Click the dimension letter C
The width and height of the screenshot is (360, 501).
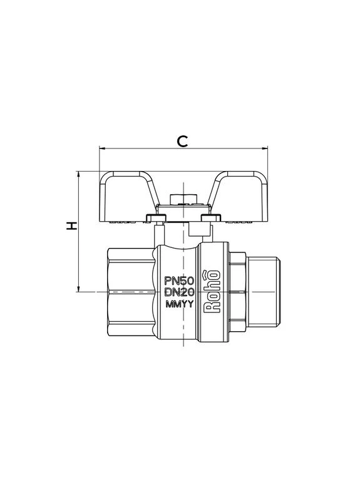pos(182,141)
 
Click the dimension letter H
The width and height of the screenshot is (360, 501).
pos(71,225)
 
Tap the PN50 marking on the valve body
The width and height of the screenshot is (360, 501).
pos(179,281)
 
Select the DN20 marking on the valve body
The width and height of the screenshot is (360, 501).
pos(179,292)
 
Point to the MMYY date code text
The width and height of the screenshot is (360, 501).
pos(180,304)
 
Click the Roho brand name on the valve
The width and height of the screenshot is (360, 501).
pos(212,291)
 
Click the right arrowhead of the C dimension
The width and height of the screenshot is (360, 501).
pos(265,148)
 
